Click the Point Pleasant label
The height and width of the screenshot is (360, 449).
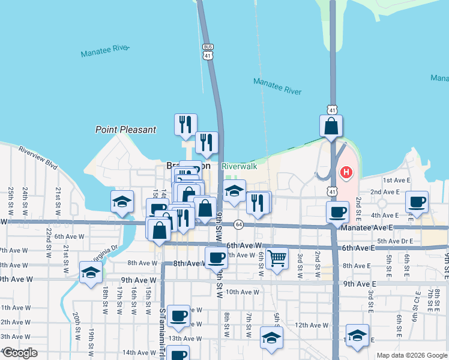pos(126,130)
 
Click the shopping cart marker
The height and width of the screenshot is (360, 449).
pos(277,259)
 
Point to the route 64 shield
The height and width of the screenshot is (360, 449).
pos(238,224)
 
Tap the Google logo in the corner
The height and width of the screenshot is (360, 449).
pos(19,353)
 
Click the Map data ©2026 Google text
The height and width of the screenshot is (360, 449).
pos(412,355)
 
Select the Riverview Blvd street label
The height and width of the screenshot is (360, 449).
pos(37,157)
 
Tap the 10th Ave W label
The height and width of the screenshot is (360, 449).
pos(243,292)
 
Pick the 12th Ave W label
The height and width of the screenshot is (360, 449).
pos(312,325)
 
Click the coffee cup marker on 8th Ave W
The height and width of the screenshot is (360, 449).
pos(216,259)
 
